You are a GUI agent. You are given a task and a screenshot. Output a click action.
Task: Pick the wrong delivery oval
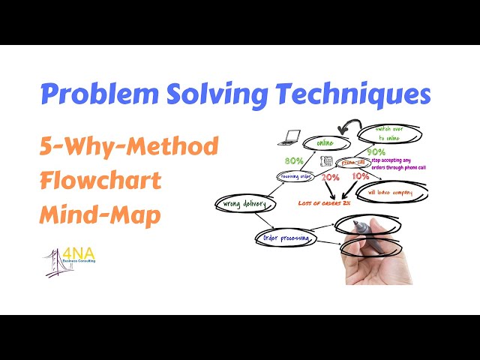point(241,202)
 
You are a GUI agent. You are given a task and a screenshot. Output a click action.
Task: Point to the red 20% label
point(330,177)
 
